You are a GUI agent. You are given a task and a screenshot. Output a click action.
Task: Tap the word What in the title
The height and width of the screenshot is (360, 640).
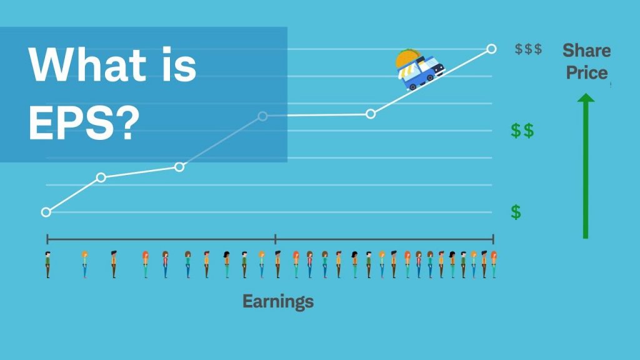click(82, 65)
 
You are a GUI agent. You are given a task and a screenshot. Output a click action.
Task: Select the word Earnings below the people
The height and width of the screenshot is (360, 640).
click(278, 302)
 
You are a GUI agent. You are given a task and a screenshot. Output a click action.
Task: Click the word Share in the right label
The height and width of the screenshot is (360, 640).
click(586, 50)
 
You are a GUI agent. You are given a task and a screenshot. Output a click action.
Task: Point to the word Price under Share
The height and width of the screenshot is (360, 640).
click(586, 72)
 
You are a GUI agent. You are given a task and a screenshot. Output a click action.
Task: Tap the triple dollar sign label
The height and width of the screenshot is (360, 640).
click(528, 49)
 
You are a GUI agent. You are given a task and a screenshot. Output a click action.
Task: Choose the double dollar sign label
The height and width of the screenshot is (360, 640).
click(522, 131)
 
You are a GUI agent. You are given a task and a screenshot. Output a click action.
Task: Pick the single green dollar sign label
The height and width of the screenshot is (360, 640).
click(516, 212)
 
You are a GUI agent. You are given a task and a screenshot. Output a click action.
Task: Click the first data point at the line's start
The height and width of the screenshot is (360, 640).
click(46, 212)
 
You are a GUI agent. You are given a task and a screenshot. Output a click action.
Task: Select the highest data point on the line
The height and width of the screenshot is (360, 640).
click(491, 49)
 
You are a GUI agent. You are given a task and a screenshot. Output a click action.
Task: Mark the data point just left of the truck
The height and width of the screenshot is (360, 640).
click(371, 114)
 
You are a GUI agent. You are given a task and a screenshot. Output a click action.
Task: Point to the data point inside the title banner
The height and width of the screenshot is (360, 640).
click(262, 116)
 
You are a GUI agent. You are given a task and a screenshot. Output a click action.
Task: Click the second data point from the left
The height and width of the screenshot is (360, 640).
click(101, 177)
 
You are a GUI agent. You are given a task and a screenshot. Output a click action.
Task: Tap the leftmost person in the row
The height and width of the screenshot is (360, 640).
click(47, 264)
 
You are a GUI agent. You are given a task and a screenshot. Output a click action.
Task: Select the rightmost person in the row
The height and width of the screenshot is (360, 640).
click(493, 264)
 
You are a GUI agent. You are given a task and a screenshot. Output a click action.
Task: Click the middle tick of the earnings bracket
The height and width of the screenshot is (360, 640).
click(276, 238)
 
